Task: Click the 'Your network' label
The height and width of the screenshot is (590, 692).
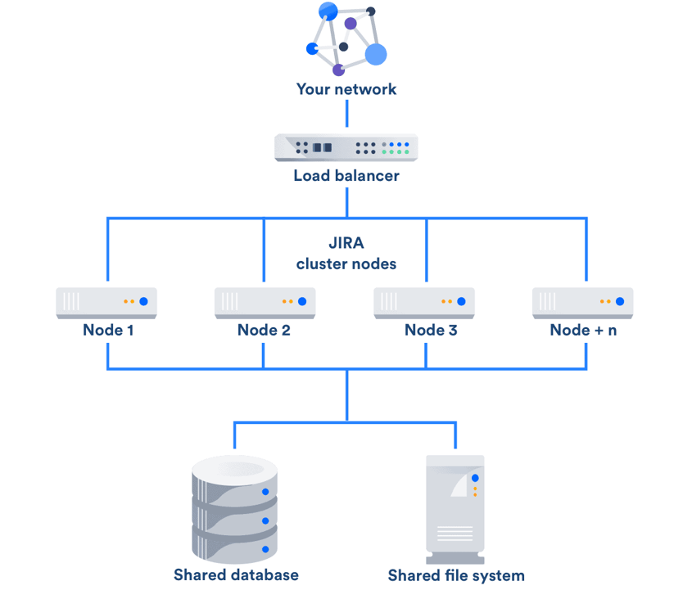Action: pos(346,89)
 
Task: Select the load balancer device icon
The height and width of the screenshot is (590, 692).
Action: pos(346,147)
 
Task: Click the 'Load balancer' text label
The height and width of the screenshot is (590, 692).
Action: pos(346,175)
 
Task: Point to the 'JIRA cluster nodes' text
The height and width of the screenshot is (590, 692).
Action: pos(346,254)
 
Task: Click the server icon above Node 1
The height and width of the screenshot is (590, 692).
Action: pos(106,302)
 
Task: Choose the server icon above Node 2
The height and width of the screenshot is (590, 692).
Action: pos(265,302)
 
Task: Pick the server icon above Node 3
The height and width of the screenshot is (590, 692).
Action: pos(424,302)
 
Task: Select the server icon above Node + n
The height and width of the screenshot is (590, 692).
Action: pos(582,302)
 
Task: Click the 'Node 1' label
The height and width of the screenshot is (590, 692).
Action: pos(107,331)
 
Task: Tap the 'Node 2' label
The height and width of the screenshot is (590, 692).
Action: pos(264,331)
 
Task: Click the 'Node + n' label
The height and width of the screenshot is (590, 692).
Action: pos(583,331)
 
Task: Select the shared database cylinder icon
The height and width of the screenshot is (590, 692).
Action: pos(235,507)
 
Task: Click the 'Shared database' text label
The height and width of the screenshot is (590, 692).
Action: pos(236,574)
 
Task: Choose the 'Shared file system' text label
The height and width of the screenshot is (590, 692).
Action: pos(456,575)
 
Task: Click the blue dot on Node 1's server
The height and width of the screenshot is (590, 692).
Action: pos(143,301)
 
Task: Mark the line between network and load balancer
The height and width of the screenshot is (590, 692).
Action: pos(346,113)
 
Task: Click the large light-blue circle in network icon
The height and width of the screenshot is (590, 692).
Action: pos(376,54)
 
